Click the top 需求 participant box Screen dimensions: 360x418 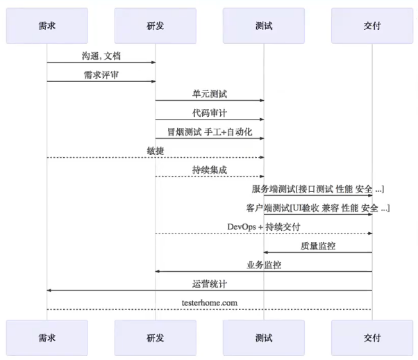point(47,26)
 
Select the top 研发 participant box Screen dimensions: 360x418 point(156,26)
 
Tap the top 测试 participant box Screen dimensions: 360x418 point(264,26)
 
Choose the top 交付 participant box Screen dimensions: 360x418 point(372,26)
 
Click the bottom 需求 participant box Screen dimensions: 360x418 point(47,338)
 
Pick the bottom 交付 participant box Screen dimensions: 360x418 point(372,338)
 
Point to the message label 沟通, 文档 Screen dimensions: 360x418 point(101,55)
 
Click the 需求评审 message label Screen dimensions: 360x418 point(101,74)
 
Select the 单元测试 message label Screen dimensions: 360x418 point(210,93)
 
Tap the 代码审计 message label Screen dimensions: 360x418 point(210,112)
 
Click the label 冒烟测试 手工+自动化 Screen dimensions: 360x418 point(210,131)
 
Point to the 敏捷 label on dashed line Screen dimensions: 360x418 point(156,150)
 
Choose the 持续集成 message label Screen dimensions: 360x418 point(210,170)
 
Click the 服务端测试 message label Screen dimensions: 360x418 point(318,188)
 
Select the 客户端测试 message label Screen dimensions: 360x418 point(318,208)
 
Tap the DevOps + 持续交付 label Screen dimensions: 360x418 point(264,227)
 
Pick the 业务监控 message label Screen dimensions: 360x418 point(264,265)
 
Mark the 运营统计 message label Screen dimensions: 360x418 point(210,284)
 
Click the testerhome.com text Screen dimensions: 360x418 point(210,303)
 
